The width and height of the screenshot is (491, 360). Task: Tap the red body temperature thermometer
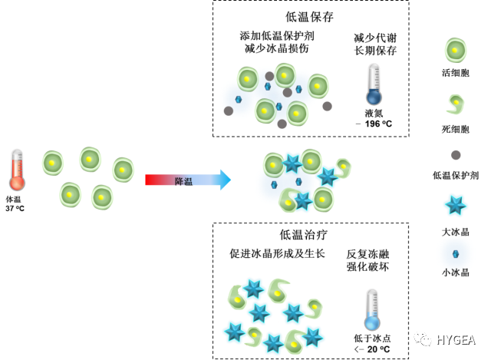[19, 170]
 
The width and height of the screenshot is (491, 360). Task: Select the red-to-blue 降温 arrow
[187, 180]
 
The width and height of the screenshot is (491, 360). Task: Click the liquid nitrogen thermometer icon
[374, 84]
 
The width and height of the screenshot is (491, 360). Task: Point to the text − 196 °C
[374, 123]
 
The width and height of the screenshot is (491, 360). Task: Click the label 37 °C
[16, 208]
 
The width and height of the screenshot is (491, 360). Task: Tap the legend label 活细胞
[456, 72]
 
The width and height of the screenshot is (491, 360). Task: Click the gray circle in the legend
[456, 154]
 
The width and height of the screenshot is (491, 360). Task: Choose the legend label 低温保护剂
[456, 176]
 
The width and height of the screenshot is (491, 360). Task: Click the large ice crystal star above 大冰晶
[456, 206]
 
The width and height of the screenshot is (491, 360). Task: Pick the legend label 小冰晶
[456, 272]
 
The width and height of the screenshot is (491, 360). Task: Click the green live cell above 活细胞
[456, 50]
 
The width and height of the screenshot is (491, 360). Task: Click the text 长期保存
[374, 51]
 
